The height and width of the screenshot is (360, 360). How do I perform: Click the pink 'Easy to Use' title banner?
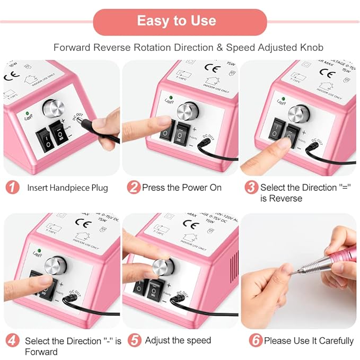pyautogui.click(x=177, y=21)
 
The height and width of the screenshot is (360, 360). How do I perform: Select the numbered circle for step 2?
pyautogui.click(x=134, y=188)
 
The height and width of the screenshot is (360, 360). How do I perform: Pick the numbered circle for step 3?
pyautogui.click(x=252, y=188)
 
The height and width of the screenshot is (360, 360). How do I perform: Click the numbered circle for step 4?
pyautogui.click(x=13, y=341)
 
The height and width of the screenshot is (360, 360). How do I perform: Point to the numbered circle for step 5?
pyautogui.click(x=134, y=340)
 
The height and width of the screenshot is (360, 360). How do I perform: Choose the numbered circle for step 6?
pyautogui.click(x=256, y=340)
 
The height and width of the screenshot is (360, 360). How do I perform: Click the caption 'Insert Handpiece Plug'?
pyautogui.click(x=67, y=188)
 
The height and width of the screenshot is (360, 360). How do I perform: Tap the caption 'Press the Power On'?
pyautogui.click(x=182, y=188)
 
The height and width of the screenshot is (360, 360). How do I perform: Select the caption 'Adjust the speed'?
pyautogui.click(x=178, y=340)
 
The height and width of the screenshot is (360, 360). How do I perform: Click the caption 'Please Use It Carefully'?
pyautogui.click(x=309, y=340)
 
